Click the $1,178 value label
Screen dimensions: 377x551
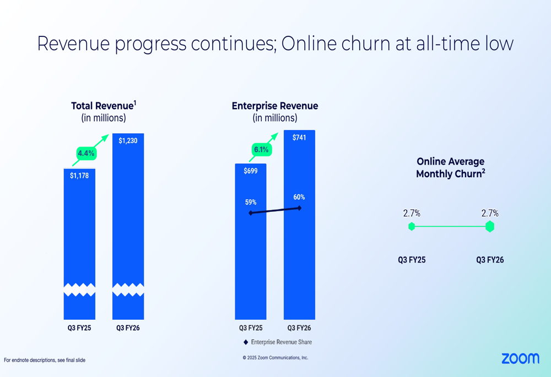point(79,176)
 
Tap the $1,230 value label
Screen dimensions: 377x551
point(128,141)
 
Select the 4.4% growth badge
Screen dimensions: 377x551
point(86,153)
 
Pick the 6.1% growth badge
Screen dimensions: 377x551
point(261,149)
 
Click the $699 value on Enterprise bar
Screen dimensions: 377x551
point(251,171)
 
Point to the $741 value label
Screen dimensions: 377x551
point(299,138)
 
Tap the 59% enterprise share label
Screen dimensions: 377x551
point(251,203)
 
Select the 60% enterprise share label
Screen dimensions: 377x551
point(299,198)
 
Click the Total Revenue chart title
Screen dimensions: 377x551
point(104,106)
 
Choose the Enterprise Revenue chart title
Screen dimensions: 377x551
point(275,106)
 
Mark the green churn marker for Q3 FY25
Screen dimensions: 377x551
point(412,226)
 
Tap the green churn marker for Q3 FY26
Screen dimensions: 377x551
point(490,226)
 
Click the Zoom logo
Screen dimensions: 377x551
point(520,359)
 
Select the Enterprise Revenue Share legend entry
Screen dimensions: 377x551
point(278,342)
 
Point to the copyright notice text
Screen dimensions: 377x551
point(275,358)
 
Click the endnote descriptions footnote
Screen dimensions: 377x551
point(45,360)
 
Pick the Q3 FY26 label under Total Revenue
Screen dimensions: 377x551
point(128,329)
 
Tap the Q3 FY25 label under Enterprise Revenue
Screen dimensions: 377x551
point(251,329)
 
